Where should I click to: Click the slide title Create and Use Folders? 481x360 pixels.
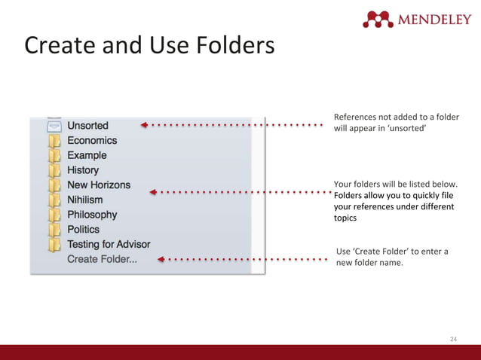tap(149, 47)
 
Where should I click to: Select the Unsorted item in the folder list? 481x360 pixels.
tap(87, 126)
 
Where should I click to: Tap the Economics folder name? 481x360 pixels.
tap(92, 141)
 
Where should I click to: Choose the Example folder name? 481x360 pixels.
tap(87, 155)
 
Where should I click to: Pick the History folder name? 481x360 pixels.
tap(83, 170)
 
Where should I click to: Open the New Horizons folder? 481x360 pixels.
tap(99, 185)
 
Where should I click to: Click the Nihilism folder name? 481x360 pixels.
tap(85, 200)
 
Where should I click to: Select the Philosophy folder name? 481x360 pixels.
tap(92, 215)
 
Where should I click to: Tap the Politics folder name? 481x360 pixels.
tap(83, 229)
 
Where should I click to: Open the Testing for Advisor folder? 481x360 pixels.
tap(109, 244)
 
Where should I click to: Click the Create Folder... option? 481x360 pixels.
tap(102, 259)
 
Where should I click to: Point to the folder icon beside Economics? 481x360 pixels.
tap(54, 141)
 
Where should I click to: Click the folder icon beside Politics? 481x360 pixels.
tap(54, 230)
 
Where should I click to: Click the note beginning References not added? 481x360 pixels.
tap(396, 122)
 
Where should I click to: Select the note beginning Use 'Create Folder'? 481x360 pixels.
tap(391, 257)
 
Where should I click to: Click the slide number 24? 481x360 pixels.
tap(453, 340)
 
